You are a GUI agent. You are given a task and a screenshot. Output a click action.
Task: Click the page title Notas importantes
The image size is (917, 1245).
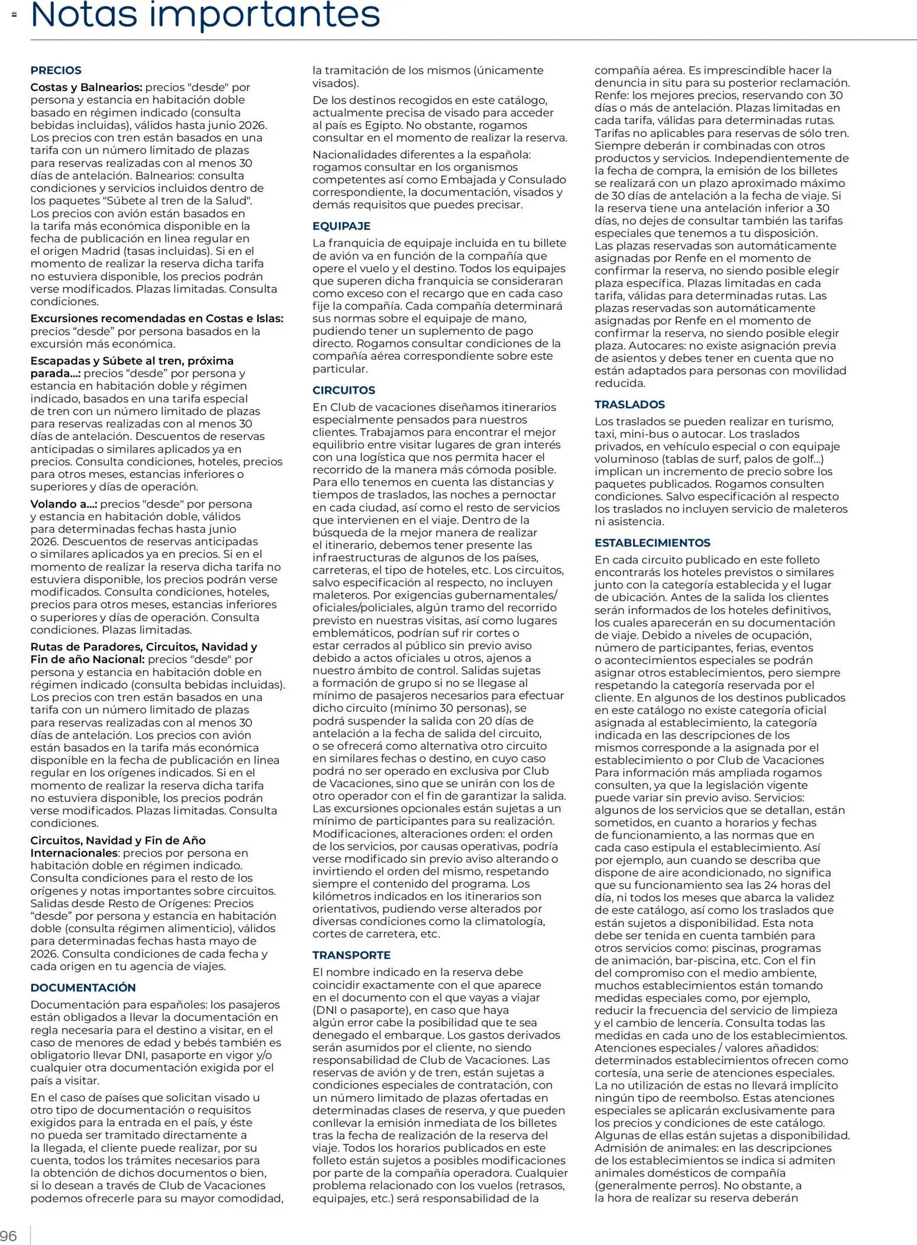[x=205, y=15]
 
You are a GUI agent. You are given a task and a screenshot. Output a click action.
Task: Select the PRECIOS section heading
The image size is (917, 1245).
[x=56, y=70]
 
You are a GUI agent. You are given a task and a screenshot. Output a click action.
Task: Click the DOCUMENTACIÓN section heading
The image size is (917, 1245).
[x=83, y=987]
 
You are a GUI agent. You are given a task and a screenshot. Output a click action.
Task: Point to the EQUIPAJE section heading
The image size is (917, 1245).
[x=341, y=226]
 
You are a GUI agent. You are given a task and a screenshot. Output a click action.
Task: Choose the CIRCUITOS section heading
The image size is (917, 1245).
[x=344, y=390]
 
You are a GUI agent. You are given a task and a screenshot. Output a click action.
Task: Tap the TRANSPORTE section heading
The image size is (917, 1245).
[x=351, y=955]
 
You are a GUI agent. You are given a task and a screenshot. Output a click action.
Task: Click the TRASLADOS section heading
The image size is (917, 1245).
[x=629, y=405]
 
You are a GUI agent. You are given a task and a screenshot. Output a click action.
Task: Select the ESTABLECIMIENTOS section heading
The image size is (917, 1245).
[x=652, y=542]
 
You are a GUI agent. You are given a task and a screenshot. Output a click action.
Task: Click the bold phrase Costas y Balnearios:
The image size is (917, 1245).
[x=86, y=88]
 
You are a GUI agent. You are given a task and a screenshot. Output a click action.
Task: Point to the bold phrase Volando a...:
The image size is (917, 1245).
[x=64, y=504]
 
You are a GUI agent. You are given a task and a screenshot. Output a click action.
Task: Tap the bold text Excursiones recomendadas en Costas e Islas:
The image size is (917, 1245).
[x=157, y=319]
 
